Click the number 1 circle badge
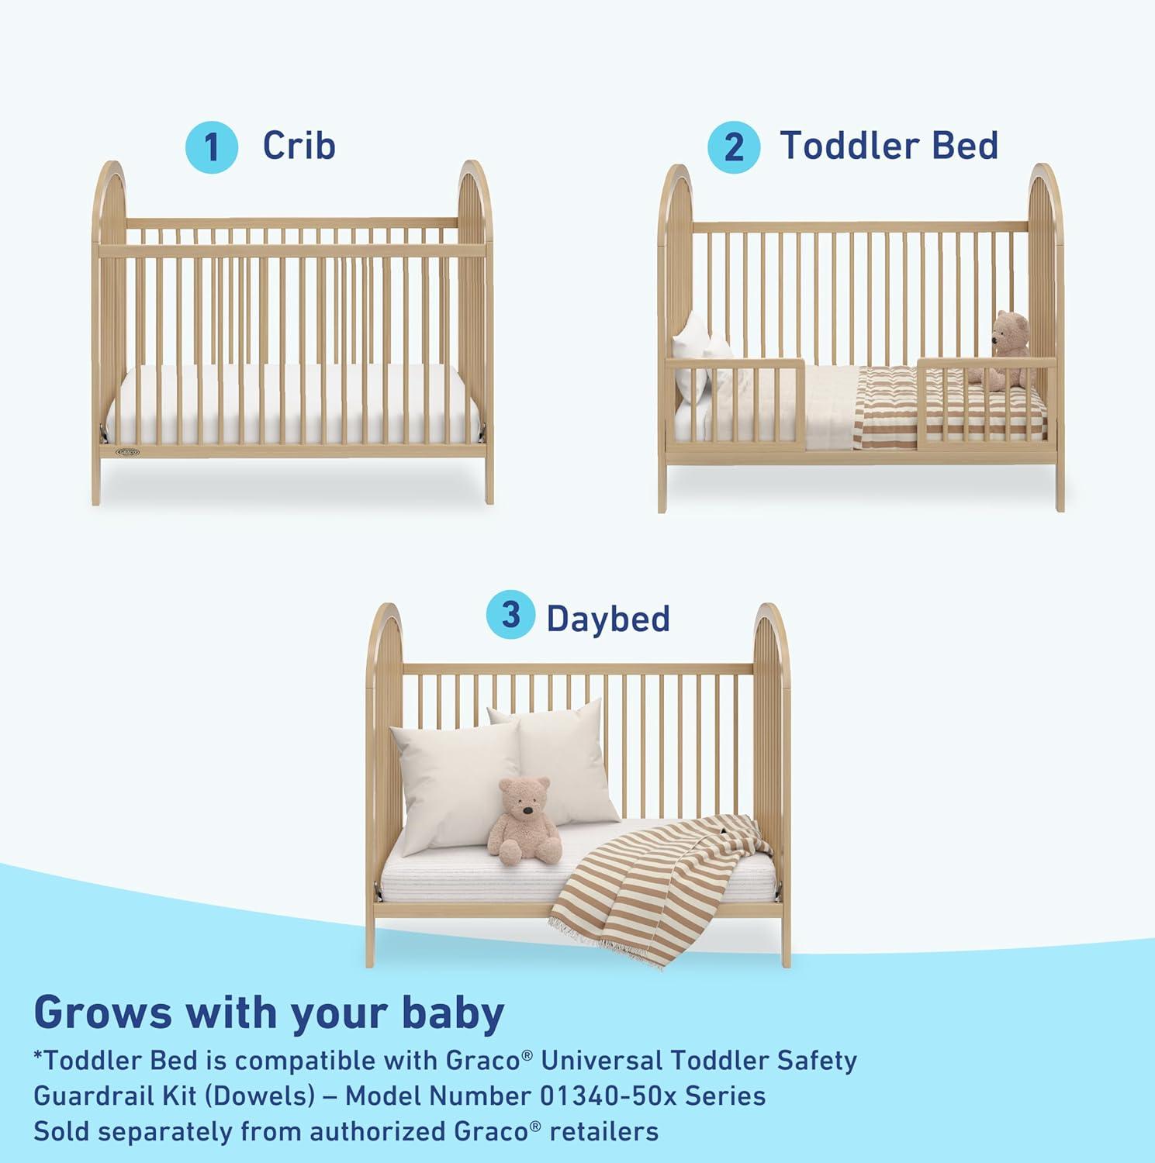pyautogui.click(x=211, y=147)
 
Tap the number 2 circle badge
pyautogui.click(x=733, y=147)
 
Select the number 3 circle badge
pyautogui.click(x=510, y=616)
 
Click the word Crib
pyautogui.click(x=299, y=146)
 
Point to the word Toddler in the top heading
pyautogui.click(x=850, y=146)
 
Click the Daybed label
pyautogui.click(x=608, y=619)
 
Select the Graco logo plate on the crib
pyautogui.click(x=128, y=451)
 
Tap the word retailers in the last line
pyautogui.click(x=604, y=1131)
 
